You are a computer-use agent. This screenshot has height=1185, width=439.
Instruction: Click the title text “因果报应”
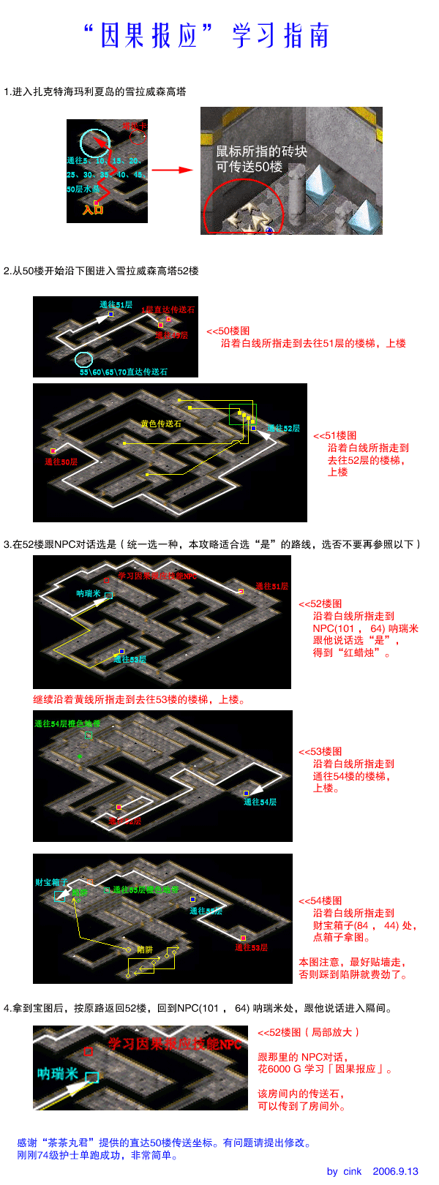(x=149, y=35)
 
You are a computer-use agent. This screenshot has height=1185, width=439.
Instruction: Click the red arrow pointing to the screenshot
(x=172, y=170)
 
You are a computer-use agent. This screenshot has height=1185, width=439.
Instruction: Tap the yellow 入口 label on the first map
(x=93, y=210)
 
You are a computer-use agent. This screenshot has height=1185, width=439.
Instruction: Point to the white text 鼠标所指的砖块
(x=261, y=151)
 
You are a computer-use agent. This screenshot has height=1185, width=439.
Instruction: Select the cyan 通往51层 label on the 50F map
(x=116, y=304)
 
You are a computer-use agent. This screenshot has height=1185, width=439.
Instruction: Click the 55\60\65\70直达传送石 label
(x=124, y=372)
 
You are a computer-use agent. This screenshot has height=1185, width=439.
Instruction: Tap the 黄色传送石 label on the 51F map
(x=161, y=424)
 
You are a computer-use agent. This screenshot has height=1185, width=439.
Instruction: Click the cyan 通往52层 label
(x=283, y=428)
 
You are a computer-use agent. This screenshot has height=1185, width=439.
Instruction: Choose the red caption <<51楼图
(x=335, y=435)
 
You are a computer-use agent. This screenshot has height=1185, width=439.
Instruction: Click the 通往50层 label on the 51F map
(x=61, y=462)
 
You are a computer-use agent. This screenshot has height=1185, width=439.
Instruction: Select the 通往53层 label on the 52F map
(x=130, y=659)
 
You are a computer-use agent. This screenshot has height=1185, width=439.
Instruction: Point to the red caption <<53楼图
(x=320, y=751)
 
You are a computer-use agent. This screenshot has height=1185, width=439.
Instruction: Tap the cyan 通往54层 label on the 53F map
(x=260, y=802)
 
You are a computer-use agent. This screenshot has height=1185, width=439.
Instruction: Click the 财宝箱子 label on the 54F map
(x=51, y=882)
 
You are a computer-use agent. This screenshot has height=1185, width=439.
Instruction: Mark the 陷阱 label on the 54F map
(x=145, y=949)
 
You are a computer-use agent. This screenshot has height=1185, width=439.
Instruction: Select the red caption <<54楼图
(x=320, y=900)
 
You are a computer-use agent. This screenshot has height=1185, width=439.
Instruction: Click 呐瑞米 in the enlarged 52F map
(x=58, y=1073)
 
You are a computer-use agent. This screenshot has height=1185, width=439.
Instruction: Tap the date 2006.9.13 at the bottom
(x=395, y=1171)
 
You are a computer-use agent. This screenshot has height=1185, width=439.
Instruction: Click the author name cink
(x=353, y=1171)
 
